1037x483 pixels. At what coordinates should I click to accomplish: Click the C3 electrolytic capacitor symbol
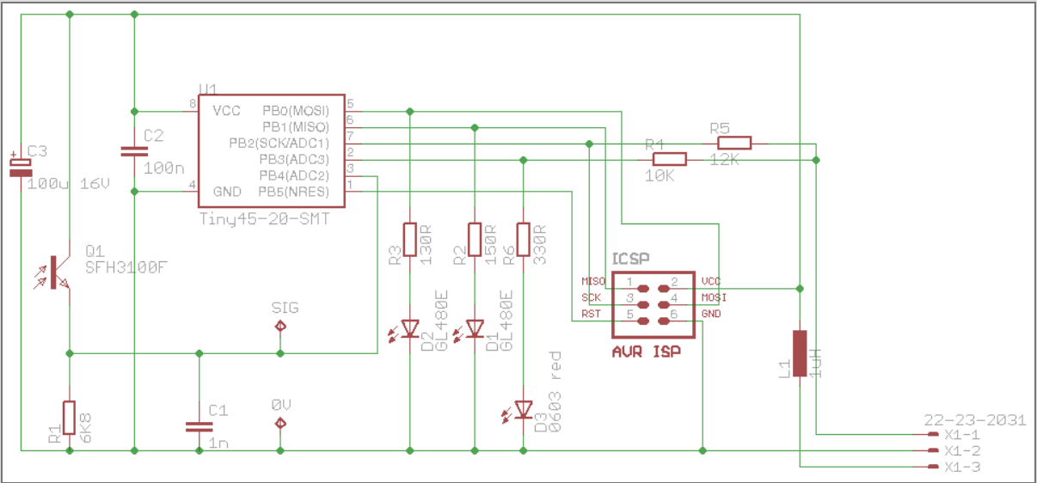(20, 167)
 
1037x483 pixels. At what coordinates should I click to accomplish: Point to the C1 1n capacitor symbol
(199, 426)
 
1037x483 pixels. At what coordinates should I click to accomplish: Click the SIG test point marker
(280, 327)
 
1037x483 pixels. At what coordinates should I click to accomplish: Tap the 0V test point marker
(280, 421)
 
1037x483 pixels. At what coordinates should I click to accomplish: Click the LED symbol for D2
(410, 327)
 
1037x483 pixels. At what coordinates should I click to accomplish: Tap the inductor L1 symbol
(800, 353)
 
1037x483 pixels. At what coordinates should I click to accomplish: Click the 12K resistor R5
(735, 143)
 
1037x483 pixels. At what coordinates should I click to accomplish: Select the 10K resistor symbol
(670, 159)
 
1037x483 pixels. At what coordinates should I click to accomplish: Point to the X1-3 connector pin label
(961, 468)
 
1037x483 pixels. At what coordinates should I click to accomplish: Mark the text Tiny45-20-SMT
(264, 219)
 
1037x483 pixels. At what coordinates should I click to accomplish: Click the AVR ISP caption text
(646, 352)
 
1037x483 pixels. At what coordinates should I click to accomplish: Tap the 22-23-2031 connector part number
(974, 420)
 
